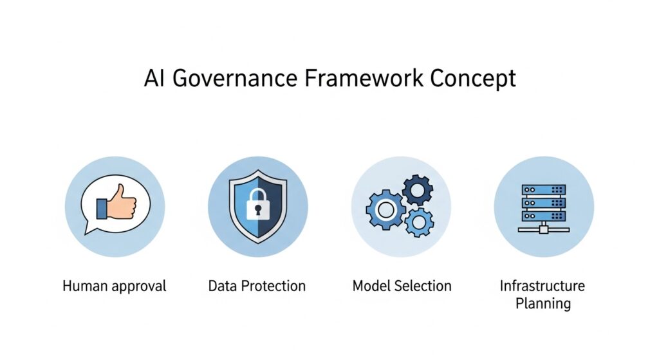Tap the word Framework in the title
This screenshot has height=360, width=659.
click(364, 78)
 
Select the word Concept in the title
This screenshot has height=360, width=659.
click(473, 79)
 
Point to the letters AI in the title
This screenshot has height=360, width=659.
click(154, 78)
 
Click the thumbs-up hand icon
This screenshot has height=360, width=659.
click(116, 202)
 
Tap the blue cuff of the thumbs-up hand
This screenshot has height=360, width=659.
click(101, 209)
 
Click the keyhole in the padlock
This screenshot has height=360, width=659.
click(257, 209)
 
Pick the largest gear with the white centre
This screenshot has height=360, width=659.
click(385, 209)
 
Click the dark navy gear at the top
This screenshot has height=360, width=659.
click(417, 191)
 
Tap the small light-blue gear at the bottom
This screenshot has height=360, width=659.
click(418, 222)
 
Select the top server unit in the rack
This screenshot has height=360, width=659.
click(543, 190)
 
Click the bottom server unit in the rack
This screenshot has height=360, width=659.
click(543, 216)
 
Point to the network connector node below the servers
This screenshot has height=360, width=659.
click(543, 230)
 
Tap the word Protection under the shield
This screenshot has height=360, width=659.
click(273, 286)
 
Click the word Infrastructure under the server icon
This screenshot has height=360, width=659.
click(542, 286)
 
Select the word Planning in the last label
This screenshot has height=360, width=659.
click(543, 303)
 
